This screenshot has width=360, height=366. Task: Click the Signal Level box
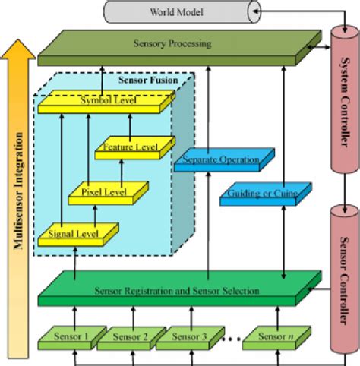tap(76, 232)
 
